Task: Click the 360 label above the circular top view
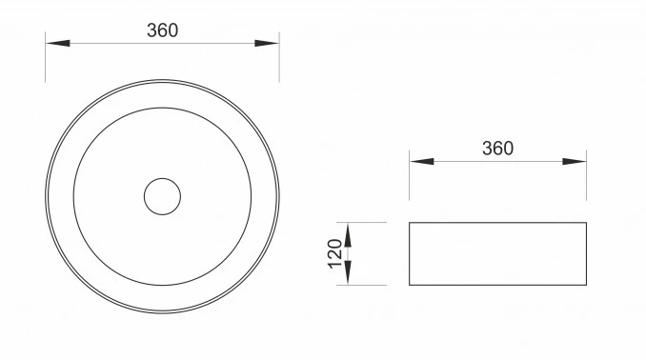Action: (x=162, y=30)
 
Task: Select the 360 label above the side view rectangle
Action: (x=497, y=148)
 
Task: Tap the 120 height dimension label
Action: (x=334, y=253)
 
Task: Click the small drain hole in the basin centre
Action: (x=162, y=196)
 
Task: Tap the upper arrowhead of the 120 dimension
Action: (x=349, y=231)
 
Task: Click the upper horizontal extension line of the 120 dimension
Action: (x=367, y=223)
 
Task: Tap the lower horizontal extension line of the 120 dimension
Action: (x=367, y=285)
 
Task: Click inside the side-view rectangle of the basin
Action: (x=497, y=253)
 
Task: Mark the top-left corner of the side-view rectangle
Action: (x=410, y=223)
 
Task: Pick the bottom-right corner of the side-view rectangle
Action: (x=586, y=285)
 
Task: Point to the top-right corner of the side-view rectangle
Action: (x=586, y=223)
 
